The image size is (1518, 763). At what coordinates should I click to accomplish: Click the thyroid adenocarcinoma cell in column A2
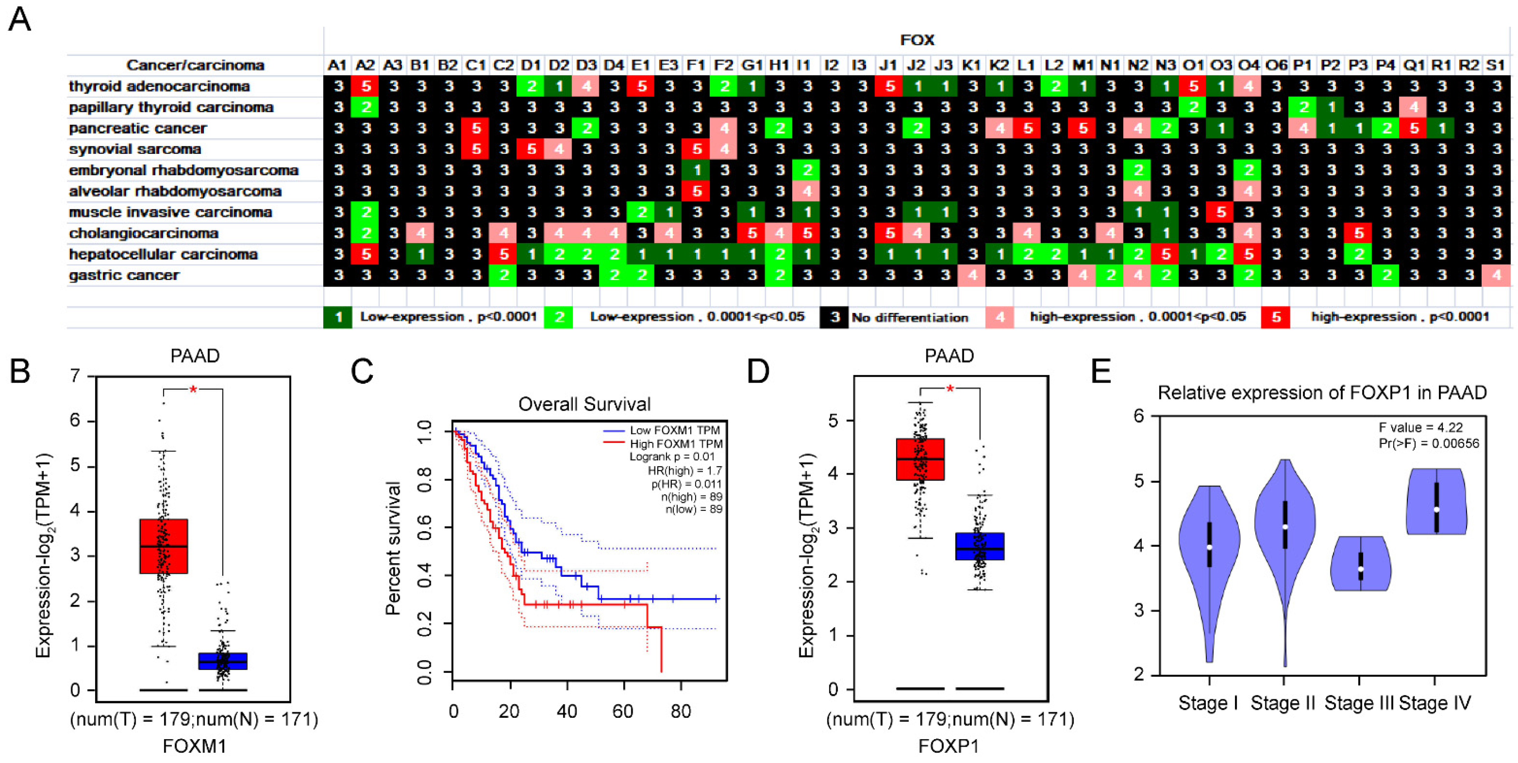pyautogui.click(x=366, y=86)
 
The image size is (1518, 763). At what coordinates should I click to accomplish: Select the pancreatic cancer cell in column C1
pyautogui.click(x=476, y=128)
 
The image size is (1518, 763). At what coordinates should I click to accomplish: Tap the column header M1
pyautogui.click(x=1082, y=65)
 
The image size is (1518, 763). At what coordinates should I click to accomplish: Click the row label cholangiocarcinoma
pyautogui.click(x=144, y=233)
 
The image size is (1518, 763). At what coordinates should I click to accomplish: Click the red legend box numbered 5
pyautogui.click(x=1276, y=317)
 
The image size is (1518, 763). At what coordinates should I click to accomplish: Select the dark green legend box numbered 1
pyautogui.click(x=338, y=317)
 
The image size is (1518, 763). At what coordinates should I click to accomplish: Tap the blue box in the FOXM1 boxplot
pyautogui.click(x=223, y=660)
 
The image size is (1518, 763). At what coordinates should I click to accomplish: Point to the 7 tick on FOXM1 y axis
pyautogui.click(x=75, y=376)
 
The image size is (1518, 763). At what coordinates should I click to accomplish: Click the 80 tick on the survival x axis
pyautogui.click(x=681, y=711)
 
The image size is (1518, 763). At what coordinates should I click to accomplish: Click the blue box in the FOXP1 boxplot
pyautogui.click(x=979, y=546)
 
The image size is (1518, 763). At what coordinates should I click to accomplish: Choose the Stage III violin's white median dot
pyautogui.click(x=1361, y=569)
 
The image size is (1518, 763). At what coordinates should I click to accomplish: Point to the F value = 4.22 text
pyautogui.click(x=1420, y=427)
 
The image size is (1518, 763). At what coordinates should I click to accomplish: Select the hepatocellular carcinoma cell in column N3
pyautogui.click(x=1165, y=254)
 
